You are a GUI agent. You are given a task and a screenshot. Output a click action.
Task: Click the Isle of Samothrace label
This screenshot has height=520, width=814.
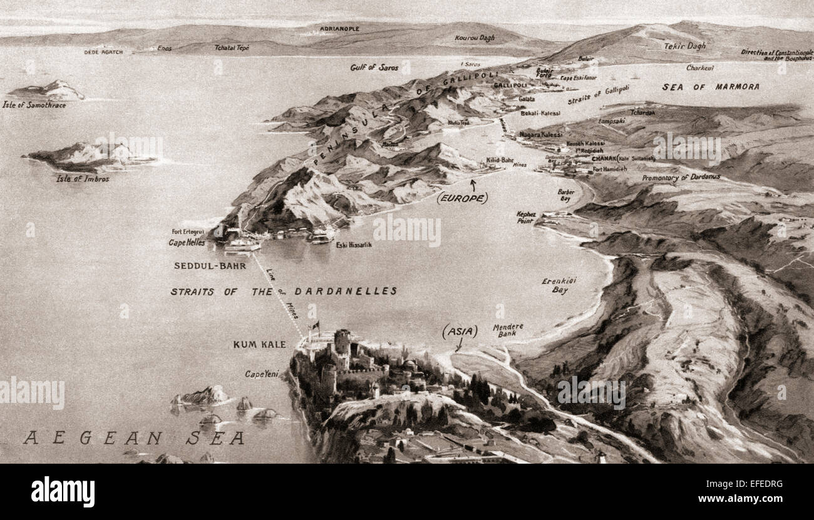tap(34, 105)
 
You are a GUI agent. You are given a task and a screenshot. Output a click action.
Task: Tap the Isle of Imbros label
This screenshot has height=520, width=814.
tap(83, 178)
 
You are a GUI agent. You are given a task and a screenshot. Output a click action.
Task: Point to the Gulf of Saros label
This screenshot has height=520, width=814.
tap(374, 67)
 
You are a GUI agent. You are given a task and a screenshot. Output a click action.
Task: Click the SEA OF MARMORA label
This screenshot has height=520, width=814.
tap(710, 87)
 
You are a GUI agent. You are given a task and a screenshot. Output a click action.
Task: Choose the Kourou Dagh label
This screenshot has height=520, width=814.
tap(474, 38)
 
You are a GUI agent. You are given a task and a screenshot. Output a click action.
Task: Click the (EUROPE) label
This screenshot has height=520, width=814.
tap(462, 198)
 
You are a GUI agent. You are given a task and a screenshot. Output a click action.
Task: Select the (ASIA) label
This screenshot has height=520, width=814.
tap(460, 332)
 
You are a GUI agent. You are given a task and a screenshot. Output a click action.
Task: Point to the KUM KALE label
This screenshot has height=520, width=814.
tap(259, 344)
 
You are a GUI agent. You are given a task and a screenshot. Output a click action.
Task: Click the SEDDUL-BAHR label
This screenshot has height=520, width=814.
tap(205, 265)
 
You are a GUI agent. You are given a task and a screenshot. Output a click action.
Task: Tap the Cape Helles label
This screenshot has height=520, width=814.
tap(187, 243)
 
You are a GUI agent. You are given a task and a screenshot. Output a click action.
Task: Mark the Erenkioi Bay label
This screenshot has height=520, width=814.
tap(559, 285)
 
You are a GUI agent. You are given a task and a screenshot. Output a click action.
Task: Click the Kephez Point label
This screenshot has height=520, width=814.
tap(526, 217)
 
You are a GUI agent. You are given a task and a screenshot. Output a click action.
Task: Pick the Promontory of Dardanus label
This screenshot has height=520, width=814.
tap(681, 178)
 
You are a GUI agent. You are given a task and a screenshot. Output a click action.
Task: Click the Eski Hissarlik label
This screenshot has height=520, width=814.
tap(354, 245)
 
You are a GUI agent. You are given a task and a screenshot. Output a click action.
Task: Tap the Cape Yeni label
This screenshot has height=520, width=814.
tap(261, 374)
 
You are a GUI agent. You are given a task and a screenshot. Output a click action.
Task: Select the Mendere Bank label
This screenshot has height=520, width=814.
tap(508, 330)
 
